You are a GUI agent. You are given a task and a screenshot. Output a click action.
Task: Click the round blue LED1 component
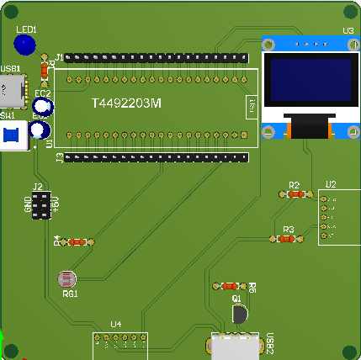25,45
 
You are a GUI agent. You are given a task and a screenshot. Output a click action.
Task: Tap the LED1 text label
38,29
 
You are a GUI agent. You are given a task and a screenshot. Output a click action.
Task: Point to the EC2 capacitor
45,106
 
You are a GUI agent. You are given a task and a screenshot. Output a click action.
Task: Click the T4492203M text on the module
125,103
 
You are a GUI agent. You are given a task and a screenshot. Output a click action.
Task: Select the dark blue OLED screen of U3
309,82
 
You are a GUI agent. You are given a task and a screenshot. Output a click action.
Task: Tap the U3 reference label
347,31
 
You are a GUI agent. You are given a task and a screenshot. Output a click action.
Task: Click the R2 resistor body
295,193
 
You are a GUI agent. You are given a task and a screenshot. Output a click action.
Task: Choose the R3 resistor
288,239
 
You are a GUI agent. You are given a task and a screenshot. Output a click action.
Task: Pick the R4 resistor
77,242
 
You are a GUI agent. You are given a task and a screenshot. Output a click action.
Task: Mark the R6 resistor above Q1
231,286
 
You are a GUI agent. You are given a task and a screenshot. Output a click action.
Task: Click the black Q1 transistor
240,314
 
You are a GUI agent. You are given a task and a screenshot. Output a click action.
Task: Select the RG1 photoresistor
66,278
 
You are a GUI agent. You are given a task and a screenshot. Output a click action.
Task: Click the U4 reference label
116,324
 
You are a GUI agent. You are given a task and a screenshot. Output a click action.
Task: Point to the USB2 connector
234,347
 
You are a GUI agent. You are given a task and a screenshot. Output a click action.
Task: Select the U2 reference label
331,184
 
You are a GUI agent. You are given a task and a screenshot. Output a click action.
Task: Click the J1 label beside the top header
59,57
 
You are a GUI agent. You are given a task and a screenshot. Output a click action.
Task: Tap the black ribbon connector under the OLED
309,128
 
